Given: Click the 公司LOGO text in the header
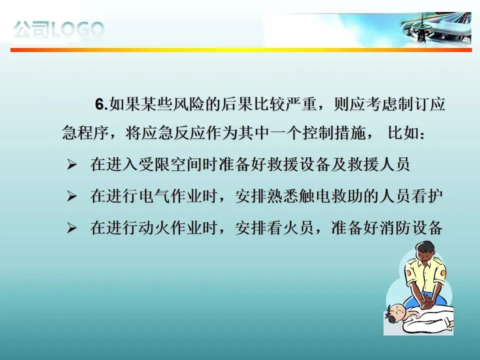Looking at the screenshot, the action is click(59, 29).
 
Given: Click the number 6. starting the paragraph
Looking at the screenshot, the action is click(101, 104).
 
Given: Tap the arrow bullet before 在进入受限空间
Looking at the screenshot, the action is click(71, 165).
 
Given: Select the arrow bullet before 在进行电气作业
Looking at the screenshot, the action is click(71, 196).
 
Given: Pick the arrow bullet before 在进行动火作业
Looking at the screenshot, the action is click(71, 228).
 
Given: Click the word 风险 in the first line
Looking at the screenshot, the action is click(189, 104).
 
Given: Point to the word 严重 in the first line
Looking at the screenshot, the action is click(301, 104).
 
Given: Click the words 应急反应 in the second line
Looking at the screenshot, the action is click(173, 133).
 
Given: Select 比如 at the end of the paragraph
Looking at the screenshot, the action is click(404, 133).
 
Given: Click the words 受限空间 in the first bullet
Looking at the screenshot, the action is click(170, 164).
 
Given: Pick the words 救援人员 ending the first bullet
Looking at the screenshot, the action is click(378, 164).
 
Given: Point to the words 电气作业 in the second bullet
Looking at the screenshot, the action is click(170, 196).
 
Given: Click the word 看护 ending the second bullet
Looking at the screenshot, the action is click(427, 196).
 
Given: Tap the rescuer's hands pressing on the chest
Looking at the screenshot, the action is click(426, 302).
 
